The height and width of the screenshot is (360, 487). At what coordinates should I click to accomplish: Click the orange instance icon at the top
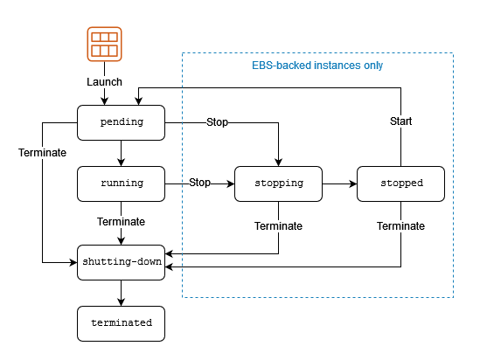click(104, 44)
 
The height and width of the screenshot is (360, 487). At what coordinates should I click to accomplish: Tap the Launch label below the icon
click(104, 82)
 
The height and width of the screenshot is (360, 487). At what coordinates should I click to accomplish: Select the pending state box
click(122, 122)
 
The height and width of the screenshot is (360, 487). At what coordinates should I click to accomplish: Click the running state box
click(122, 183)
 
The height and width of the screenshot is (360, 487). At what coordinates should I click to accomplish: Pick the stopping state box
click(278, 183)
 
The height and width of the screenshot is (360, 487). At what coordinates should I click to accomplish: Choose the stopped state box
click(400, 183)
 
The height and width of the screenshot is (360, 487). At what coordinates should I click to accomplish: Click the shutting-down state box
click(122, 262)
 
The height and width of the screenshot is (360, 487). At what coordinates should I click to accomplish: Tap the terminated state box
click(122, 323)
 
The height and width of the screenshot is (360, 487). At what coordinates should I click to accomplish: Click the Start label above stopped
click(401, 121)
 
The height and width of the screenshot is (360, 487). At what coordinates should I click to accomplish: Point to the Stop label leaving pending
click(217, 122)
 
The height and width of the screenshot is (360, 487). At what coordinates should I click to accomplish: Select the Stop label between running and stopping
click(199, 183)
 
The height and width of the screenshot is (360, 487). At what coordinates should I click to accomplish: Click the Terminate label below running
click(122, 222)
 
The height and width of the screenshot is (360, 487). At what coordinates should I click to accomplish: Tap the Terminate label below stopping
click(278, 226)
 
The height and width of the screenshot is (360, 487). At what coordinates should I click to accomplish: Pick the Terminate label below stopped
click(400, 226)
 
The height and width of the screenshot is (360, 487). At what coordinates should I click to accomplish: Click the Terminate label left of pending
click(42, 153)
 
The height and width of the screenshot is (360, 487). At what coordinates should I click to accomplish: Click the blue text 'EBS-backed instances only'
click(317, 66)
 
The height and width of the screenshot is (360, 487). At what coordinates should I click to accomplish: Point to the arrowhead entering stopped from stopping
click(353, 183)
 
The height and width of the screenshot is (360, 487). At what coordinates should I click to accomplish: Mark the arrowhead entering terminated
click(122, 302)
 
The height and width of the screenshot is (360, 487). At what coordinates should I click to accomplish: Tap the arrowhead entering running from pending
click(122, 163)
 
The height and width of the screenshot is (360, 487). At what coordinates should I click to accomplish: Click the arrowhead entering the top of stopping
click(278, 163)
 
